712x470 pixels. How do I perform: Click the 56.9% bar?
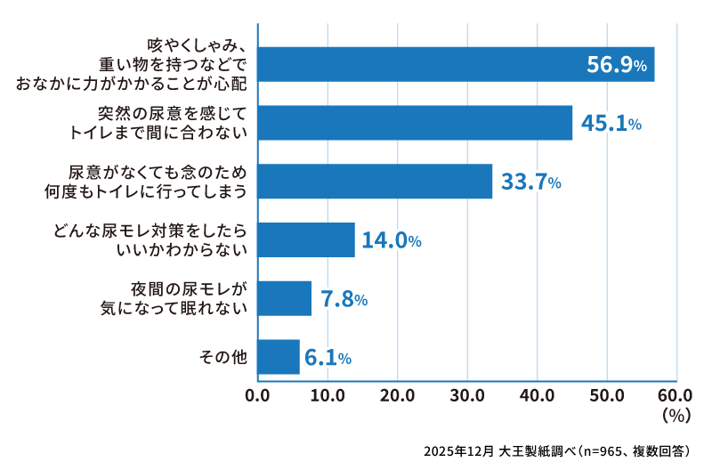pyautogui.click(x=456, y=64)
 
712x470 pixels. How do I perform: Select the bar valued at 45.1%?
pyautogui.click(x=415, y=123)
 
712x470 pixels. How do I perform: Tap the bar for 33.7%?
pyautogui.click(x=375, y=182)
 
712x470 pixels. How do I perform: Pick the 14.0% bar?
pyautogui.click(x=306, y=240)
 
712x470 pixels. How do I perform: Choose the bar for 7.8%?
pyautogui.click(x=285, y=298)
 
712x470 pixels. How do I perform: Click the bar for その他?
pyautogui.click(x=279, y=357)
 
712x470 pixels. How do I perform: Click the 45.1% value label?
pyautogui.click(x=611, y=124)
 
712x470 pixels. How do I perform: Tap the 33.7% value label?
pyautogui.click(x=530, y=182)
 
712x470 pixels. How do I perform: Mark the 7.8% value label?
pyautogui.click(x=344, y=299)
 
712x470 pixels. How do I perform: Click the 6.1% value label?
pyautogui.click(x=328, y=358)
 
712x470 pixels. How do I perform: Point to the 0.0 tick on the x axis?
pyautogui.click(x=257, y=394)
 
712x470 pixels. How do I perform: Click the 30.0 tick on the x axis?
pyautogui.click(x=467, y=394)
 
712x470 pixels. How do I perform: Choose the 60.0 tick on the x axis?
pyautogui.click(x=676, y=394)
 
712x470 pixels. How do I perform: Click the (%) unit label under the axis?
pyautogui.click(x=677, y=414)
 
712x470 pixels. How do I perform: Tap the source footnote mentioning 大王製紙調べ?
pyautogui.click(x=562, y=450)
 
